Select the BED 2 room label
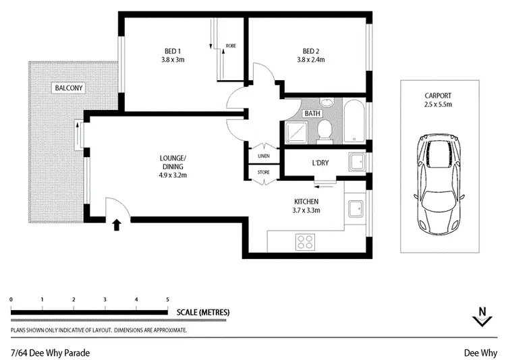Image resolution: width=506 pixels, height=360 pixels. tap(311, 52)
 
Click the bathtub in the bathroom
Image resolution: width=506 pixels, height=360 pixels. tap(354, 122)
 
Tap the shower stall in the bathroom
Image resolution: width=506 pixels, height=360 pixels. tap(297, 131)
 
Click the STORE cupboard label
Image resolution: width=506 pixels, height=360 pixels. tap(263, 173)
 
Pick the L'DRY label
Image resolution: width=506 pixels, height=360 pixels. tap(320, 162)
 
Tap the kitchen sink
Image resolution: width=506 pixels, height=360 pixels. tap(354, 208)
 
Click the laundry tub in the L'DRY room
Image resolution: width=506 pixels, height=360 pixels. tap(356, 162)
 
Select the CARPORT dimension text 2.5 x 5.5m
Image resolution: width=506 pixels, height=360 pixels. tap(439, 105)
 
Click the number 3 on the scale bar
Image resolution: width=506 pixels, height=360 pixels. tap(105, 299)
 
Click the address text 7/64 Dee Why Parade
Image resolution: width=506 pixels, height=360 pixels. tap(50, 353)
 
